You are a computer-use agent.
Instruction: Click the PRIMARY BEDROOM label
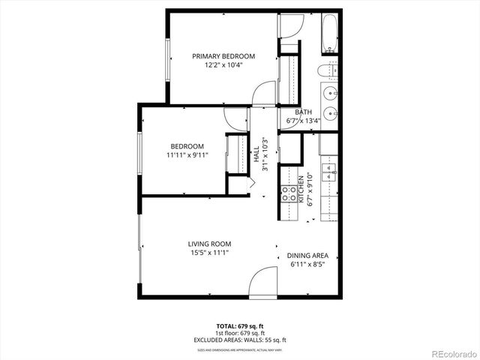(223, 56)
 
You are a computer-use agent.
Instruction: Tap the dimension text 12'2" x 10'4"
(223, 65)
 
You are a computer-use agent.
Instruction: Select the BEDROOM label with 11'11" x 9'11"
(187, 146)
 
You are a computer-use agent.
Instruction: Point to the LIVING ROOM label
(209, 244)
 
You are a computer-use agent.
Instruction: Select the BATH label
(303, 112)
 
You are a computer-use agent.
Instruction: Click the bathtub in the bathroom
(330, 34)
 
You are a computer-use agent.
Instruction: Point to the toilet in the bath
(327, 72)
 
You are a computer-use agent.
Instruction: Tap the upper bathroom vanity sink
(331, 94)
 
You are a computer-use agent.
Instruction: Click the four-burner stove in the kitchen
(288, 195)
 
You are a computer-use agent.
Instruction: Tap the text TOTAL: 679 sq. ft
(240, 326)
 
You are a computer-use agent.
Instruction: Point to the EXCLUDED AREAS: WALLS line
(240, 340)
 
